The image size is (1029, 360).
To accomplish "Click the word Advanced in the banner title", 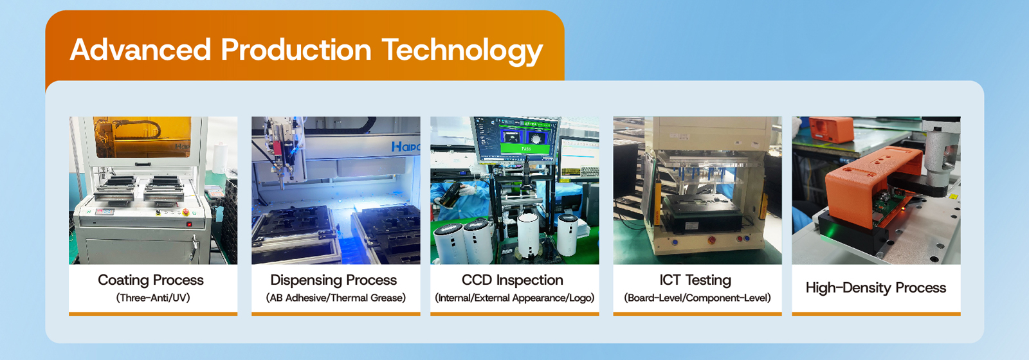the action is tap(140, 50).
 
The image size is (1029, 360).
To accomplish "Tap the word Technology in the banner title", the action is tap(462, 51).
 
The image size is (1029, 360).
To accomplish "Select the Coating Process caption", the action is tap(150, 280).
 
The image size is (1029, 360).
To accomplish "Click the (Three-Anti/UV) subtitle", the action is tap(153, 298).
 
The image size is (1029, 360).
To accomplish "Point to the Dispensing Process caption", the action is tap(334, 280).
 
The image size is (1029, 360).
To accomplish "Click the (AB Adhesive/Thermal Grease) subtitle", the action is tap(336, 298).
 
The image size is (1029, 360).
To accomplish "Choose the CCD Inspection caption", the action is tap(512, 280).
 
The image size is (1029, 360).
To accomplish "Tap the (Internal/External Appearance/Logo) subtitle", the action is tap(514, 298).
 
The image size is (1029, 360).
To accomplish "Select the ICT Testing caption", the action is tap(695, 280).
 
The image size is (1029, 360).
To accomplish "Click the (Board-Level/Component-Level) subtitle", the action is tap(697, 298).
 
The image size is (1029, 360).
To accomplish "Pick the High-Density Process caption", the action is tap(875, 288).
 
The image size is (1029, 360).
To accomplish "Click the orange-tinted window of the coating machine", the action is tap(142, 136).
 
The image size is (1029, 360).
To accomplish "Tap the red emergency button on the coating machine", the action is tap(186, 212).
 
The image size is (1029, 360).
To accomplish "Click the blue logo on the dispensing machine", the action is tap(406, 147).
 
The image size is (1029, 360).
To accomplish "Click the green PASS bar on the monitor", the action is tap(526, 148).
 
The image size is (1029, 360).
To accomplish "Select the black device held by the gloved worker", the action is tap(450, 194).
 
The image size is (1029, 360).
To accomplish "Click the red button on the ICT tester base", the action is tap(711, 240).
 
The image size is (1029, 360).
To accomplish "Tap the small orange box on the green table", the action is tap(831, 129).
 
